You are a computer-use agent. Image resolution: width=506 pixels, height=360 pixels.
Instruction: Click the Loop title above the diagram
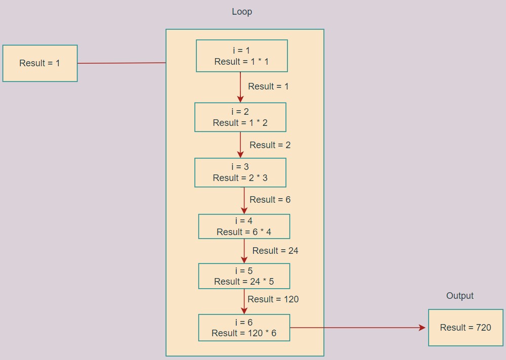tap(242, 12)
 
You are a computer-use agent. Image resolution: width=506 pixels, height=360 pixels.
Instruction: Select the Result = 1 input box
tap(40, 63)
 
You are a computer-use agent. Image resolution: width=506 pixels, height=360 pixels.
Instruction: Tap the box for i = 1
tap(242, 56)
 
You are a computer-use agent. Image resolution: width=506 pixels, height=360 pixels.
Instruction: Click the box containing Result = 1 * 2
tap(240, 117)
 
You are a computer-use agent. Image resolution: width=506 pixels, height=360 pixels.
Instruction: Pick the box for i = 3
tap(240, 172)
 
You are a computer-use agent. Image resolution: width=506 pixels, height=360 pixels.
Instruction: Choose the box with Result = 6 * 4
tap(244, 227)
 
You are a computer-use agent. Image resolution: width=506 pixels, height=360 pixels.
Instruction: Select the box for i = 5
tap(244, 276)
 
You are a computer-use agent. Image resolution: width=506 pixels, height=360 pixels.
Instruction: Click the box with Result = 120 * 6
tap(244, 328)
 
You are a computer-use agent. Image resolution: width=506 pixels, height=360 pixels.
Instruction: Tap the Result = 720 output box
tap(466, 328)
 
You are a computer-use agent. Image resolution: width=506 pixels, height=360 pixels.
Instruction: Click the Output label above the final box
tap(459, 296)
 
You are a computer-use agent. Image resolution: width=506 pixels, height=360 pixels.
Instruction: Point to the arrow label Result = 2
tap(270, 145)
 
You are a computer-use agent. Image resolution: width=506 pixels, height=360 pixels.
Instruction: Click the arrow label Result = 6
tap(270, 200)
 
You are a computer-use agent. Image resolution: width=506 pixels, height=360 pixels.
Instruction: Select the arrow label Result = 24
tap(275, 251)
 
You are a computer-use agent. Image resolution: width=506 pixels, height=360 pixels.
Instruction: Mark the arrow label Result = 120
tap(273, 299)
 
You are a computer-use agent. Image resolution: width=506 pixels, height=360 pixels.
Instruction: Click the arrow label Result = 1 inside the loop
tap(268, 86)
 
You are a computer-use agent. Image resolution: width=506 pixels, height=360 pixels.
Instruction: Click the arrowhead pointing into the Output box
tap(423, 328)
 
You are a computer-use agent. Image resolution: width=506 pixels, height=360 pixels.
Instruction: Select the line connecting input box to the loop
tap(121, 63)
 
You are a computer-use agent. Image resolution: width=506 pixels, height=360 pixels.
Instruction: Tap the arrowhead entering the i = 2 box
tap(240, 100)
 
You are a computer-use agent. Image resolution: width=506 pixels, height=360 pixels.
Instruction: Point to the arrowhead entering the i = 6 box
tap(244, 311)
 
